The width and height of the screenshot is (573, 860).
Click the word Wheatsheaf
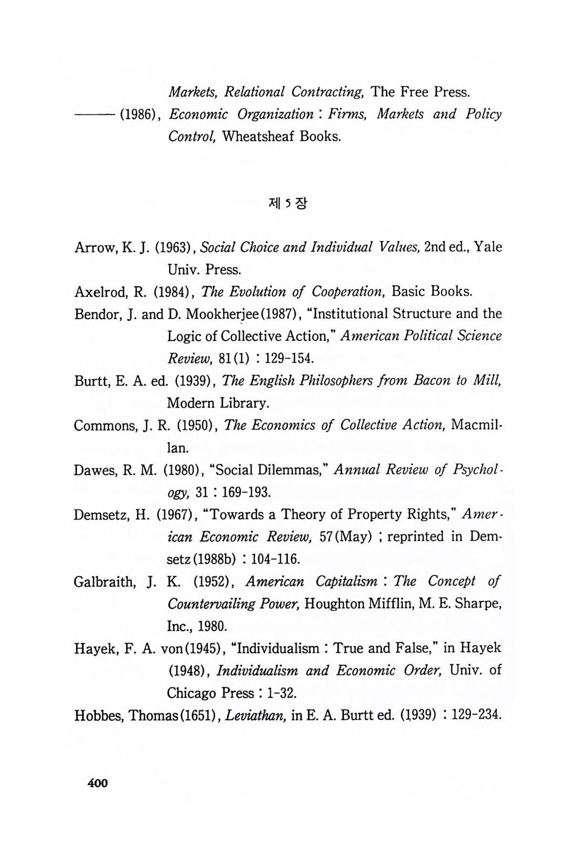point(259,137)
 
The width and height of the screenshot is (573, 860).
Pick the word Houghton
point(334,603)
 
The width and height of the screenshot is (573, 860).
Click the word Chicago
point(192,692)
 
